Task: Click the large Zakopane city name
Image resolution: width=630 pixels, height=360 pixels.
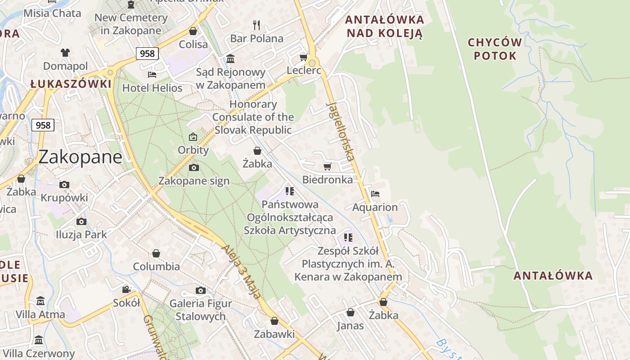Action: (x=80, y=157)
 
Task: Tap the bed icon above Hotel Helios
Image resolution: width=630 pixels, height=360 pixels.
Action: (x=152, y=75)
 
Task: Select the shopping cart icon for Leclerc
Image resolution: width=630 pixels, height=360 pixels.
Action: (x=304, y=57)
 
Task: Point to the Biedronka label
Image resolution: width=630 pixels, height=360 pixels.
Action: (x=328, y=180)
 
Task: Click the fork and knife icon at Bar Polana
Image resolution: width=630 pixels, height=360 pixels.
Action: (x=256, y=25)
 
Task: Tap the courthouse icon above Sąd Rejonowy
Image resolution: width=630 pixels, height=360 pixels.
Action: (x=231, y=58)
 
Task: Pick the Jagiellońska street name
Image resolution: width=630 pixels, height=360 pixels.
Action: (x=340, y=131)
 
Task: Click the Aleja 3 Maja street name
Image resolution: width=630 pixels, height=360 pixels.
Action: (x=242, y=272)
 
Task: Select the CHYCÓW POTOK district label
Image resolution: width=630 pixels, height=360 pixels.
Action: (x=495, y=49)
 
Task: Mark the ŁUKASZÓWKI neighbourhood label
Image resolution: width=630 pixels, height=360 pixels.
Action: (x=71, y=84)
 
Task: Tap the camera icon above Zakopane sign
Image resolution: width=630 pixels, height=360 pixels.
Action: (x=194, y=168)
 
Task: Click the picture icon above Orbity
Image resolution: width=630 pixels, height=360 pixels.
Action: (x=193, y=137)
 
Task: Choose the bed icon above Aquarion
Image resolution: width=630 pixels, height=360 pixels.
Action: (x=375, y=194)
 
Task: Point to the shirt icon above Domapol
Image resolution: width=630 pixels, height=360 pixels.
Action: (x=65, y=53)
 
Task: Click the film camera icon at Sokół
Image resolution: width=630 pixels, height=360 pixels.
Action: (x=126, y=289)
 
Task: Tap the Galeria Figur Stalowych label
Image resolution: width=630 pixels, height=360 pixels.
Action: (x=201, y=310)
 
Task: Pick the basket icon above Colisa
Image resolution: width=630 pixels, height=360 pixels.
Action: (x=193, y=31)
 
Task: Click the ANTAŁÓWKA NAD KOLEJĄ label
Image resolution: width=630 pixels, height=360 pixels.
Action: (x=385, y=27)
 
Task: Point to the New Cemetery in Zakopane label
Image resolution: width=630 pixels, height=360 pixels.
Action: (x=131, y=24)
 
